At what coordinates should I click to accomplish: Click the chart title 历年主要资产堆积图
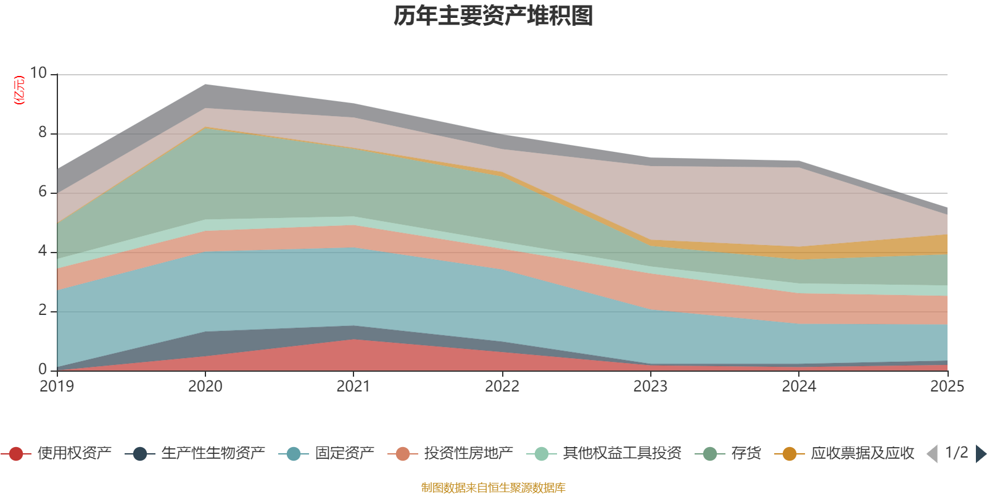point(493,17)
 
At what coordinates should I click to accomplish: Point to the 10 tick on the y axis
point(38,73)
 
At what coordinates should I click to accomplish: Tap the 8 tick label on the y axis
point(43,132)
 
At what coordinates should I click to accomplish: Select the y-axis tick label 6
point(43,191)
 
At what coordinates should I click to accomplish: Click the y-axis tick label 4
point(43,251)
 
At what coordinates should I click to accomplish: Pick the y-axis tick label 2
point(43,310)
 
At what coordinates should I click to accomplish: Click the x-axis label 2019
point(57,387)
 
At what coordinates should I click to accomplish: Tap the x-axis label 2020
point(205,387)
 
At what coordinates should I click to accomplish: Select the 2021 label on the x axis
point(353,387)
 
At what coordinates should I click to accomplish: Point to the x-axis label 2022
point(502,387)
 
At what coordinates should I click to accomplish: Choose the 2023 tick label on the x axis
point(650,387)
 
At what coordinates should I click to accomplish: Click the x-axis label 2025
point(947,387)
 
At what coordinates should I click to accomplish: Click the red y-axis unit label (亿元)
point(20,90)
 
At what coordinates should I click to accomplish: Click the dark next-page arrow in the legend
point(980,454)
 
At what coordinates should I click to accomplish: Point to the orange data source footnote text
point(493,488)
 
